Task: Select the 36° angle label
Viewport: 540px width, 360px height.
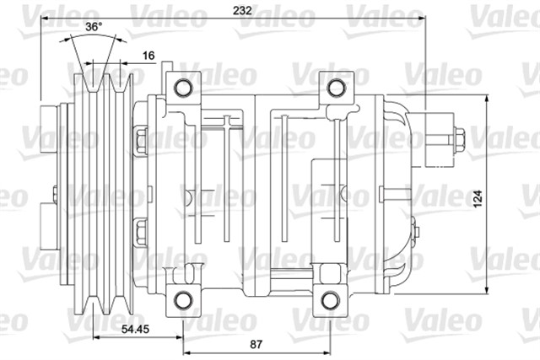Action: click(94, 27)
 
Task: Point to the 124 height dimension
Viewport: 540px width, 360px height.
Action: click(478, 198)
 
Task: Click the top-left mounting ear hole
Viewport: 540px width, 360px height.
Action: click(182, 87)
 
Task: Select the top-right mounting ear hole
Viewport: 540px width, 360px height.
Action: click(336, 87)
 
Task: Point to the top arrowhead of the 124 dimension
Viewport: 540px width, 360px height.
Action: click(489, 99)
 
